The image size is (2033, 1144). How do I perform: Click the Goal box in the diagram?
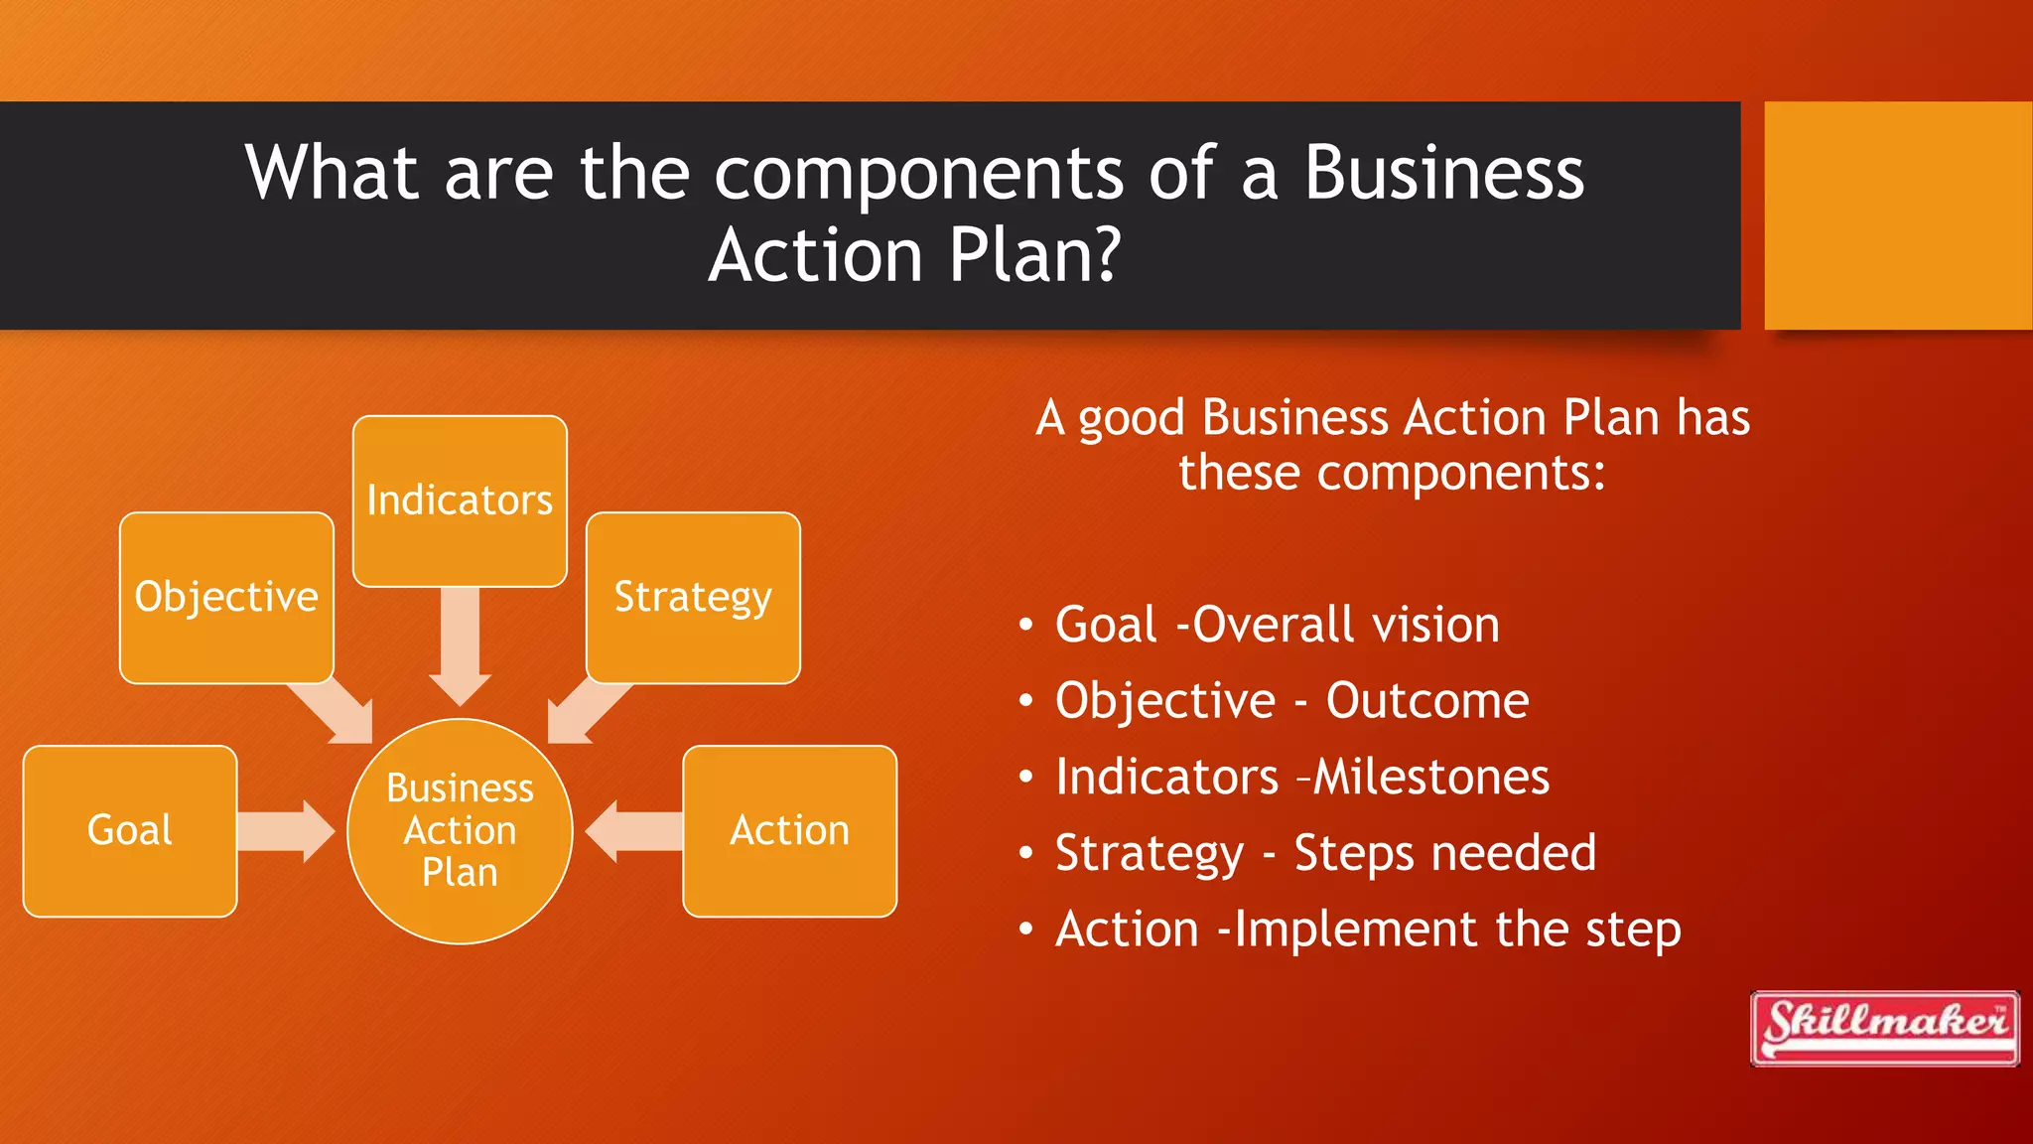coord(129,830)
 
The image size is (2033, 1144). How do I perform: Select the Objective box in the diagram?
coord(226,597)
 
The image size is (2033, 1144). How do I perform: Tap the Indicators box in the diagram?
coord(460,500)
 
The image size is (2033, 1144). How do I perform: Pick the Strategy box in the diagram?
coord(693,597)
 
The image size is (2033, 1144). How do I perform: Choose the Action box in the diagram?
coord(789,830)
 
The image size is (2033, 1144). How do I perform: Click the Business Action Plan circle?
coord(460,830)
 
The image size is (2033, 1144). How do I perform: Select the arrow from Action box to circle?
coord(635,830)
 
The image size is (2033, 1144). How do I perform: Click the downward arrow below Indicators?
coord(460,645)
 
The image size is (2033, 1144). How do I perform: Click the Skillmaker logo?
coord(1884,1028)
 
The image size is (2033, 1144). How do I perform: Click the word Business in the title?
coord(1443,173)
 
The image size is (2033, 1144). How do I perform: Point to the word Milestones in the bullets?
coord(1431,777)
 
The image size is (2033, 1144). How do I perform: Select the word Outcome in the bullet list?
coord(1427,701)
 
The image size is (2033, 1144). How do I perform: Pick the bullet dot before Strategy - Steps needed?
coord(1026,853)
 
